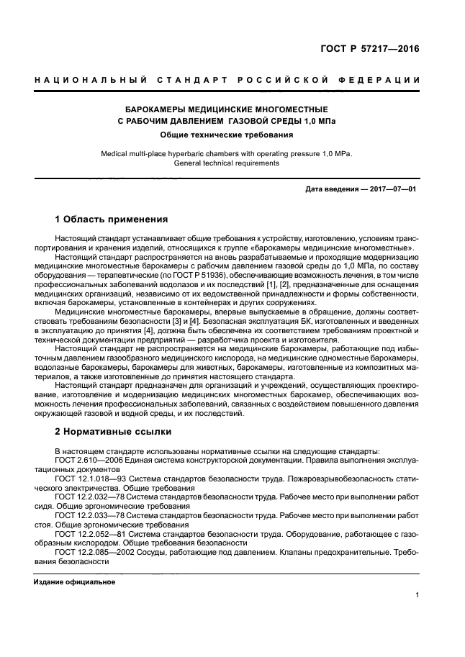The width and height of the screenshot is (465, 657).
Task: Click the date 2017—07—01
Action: click(394, 189)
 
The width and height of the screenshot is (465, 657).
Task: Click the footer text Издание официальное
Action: click(74, 581)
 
